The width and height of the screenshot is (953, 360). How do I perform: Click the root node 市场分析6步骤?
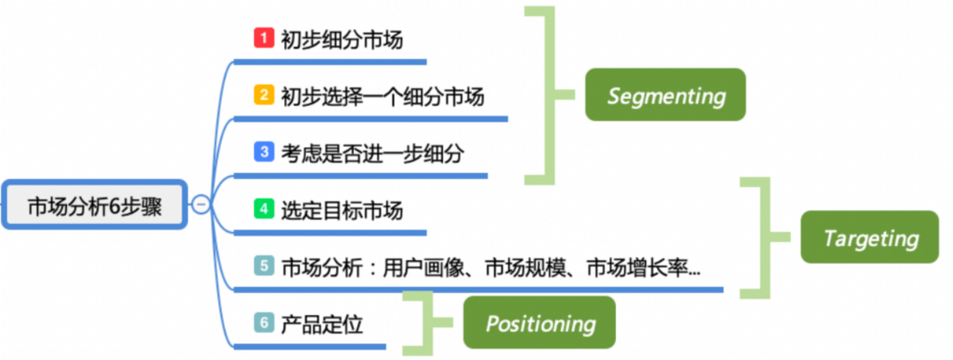tap(95, 206)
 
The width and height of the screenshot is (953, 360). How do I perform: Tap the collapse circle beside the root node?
tap(201, 206)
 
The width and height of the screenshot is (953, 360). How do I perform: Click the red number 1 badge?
tap(263, 38)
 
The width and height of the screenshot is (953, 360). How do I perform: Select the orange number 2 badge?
tap(263, 94)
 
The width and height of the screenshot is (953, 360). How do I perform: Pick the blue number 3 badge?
tap(263, 152)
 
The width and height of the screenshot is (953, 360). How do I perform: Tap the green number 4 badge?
tap(263, 209)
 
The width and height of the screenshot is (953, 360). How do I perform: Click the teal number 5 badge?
tap(263, 266)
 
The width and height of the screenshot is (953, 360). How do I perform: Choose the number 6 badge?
tap(263, 323)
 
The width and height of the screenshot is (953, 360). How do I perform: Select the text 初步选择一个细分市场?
tap(382, 95)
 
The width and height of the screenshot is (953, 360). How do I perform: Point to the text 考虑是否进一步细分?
tap(371, 153)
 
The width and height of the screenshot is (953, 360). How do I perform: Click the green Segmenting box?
tap(665, 94)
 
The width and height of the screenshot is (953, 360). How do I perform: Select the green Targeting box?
tap(870, 237)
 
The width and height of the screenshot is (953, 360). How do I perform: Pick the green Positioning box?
tap(540, 323)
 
